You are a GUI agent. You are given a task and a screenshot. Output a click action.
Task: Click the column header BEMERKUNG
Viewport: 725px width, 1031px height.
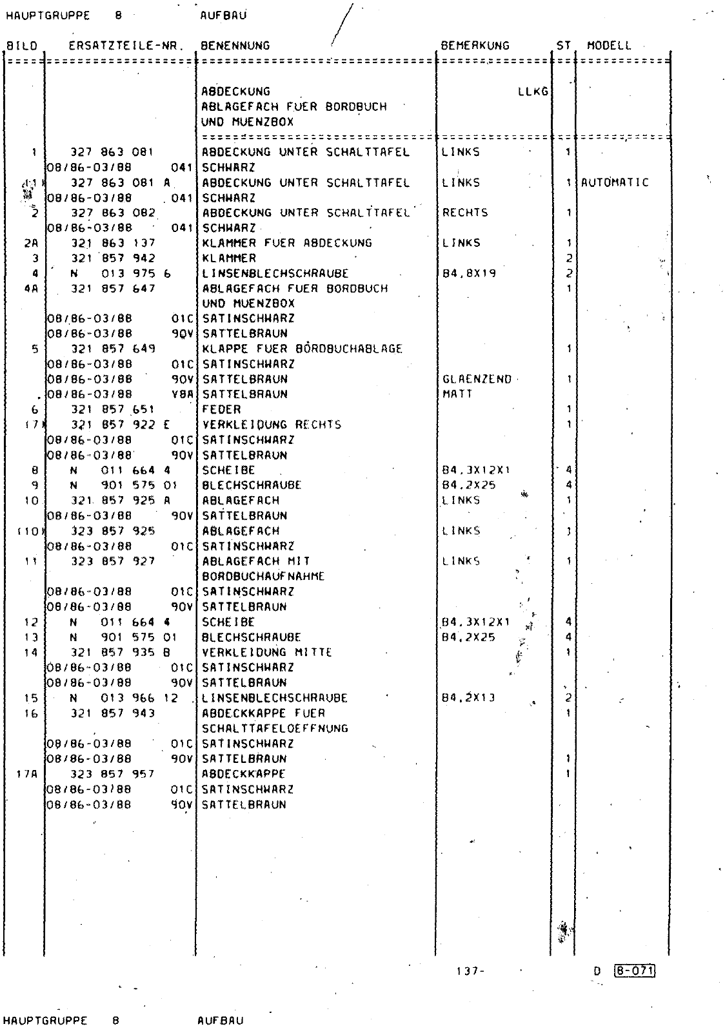point(475,46)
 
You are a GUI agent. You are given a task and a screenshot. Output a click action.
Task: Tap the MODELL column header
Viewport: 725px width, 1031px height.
point(609,46)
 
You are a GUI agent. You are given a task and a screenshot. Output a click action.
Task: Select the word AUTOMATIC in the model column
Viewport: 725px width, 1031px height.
point(615,182)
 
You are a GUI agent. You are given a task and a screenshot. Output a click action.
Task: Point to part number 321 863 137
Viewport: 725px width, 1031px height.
point(113,243)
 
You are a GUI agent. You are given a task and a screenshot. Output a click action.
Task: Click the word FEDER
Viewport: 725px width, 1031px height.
point(222,409)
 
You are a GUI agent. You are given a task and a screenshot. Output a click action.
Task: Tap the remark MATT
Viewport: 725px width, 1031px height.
point(457,394)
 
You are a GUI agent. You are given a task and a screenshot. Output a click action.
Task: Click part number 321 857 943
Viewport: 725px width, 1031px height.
point(113,713)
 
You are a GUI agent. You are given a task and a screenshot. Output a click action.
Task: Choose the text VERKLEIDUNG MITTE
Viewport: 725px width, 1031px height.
point(267,652)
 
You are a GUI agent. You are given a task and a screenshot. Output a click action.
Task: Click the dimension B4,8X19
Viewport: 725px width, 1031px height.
point(469,273)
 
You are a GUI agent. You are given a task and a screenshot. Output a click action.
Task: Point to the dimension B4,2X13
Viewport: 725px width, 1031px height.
point(469,698)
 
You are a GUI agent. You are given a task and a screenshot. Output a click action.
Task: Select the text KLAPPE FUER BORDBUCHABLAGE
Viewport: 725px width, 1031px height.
point(302,349)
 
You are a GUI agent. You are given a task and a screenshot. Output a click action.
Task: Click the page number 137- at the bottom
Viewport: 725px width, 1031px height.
point(469,971)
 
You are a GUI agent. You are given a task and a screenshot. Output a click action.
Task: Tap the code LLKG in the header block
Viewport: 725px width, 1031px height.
point(533,92)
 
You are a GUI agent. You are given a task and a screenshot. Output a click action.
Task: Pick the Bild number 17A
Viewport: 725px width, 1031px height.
point(23,774)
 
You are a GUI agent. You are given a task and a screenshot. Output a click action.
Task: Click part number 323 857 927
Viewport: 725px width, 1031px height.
point(113,561)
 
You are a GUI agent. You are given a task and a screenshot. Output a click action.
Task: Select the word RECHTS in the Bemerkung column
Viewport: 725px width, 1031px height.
point(465,213)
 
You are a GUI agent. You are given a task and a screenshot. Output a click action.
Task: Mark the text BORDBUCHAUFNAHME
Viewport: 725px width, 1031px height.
point(263,576)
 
